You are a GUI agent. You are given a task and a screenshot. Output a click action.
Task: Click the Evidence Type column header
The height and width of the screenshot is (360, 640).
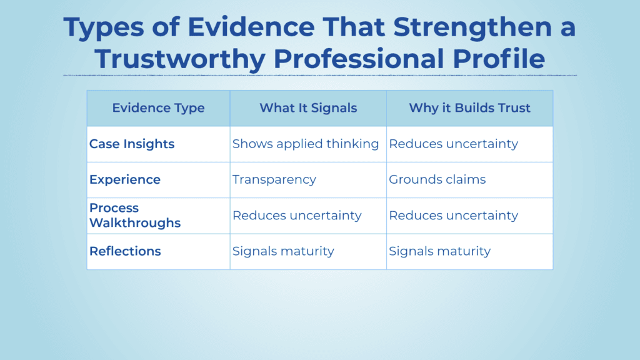158,108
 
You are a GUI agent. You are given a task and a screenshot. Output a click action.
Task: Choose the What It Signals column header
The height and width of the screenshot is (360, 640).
308,108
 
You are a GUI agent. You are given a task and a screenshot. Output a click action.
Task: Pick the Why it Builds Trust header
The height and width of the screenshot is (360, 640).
469,108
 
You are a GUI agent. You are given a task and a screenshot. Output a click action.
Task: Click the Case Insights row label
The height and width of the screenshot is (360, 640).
132,144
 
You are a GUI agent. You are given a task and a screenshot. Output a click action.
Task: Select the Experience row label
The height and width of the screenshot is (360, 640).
125,179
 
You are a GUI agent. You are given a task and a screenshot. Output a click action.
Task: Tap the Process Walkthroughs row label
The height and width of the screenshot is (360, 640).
135,215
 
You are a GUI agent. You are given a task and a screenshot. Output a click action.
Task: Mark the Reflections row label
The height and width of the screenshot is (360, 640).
125,251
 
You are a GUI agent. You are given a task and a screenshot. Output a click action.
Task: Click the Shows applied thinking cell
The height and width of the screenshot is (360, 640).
306,144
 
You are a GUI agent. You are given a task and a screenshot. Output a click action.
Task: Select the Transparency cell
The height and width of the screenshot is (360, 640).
274,179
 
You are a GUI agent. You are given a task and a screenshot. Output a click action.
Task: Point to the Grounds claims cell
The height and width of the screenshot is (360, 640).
437,179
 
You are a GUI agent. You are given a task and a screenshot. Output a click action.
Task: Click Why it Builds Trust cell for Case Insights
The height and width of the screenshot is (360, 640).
454,144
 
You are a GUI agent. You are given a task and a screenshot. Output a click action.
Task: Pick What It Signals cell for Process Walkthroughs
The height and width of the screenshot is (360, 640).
297,215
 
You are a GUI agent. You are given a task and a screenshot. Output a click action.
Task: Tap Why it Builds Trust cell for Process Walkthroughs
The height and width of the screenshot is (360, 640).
454,215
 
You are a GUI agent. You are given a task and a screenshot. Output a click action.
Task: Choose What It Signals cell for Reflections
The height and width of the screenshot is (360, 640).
283,251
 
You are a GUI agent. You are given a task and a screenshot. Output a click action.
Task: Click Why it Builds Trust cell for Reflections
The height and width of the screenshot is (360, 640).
440,251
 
